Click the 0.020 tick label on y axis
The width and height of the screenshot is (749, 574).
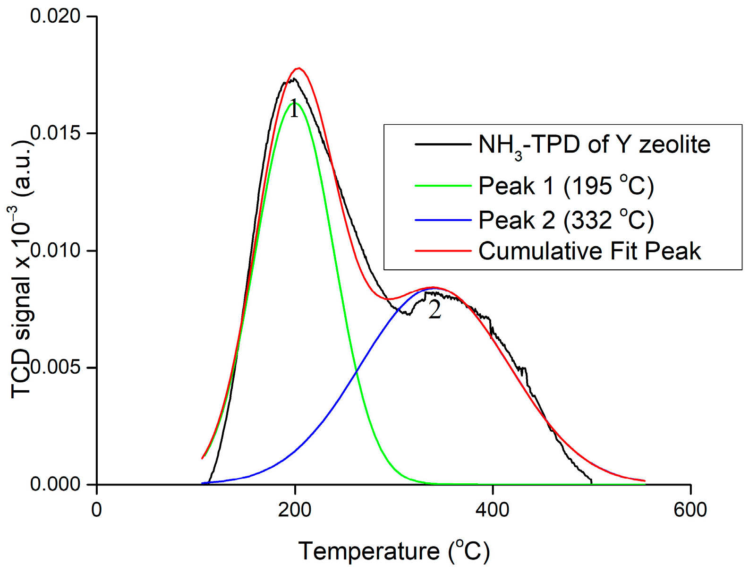pyautogui.click(x=55, y=16)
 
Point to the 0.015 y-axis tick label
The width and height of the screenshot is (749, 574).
pyautogui.click(x=55, y=133)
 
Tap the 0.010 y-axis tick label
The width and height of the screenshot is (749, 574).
pyautogui.click(x=55, y=250)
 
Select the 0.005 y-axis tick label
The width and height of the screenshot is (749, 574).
pyautogui.click(x=55, y=367)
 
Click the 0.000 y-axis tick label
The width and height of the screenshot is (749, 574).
pyautogui.click(x=55, y=484)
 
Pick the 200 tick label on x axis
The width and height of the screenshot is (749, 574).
pyautogui.click(x=295, y=510)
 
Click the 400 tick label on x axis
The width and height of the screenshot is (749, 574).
pyautogui.click(x=493, y=510)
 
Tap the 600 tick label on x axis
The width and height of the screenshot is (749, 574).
pyautogui.click(x=690, y=510)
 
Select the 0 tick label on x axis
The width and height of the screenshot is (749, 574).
pyautogui.click(x=97, y=510)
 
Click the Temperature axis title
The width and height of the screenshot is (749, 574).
pyautogui.click(x=394, y=551)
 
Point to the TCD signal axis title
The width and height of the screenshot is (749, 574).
pyautogui.click(x=22, y=269)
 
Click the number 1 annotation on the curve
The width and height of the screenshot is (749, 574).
pyautogui.click(x=294, y=109)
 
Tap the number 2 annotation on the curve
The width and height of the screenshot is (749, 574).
pyautogui.click(x=434, y=310)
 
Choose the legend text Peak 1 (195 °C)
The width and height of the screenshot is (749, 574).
pyautogui.click(x=566, y=185)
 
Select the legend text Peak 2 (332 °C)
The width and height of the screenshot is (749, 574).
pyautogui.click(x=566, y=220)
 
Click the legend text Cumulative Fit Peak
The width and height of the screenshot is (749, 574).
pyautogui.click(x=589, y=251)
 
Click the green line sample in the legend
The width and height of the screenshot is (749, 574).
pyautogui.click(x=443, y=186)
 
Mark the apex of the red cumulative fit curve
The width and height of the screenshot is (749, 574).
pyautogui.click(x=298, y=68)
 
